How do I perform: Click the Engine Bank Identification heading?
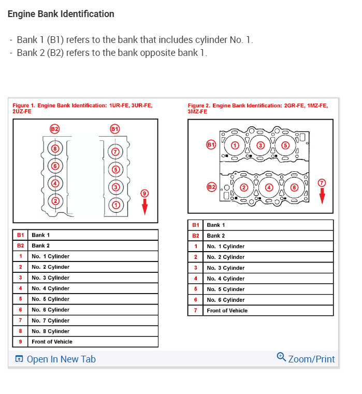click(x=61, y=14)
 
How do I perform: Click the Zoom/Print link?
click(x=306, y=358)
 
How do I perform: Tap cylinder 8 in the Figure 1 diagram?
click(x=56, y=148)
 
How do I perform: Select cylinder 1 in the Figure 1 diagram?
click(x=115, y=205)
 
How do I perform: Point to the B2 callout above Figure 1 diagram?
click(x=55, y=128)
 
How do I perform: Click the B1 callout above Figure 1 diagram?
click(x=115, y=128)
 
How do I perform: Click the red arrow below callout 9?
click(x=144, y=207)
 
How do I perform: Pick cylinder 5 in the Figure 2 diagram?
click(x=285, y=145)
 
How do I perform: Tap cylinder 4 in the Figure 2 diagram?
click(x=269, y=187)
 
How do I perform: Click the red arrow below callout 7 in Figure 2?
click(x=322, y=196)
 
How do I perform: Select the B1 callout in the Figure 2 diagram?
click(x=211, y=145)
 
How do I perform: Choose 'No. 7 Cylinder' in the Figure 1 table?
click(x=50, y=320)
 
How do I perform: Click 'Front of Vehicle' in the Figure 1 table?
click(x=52, y=342)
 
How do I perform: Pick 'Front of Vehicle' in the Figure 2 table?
click(x=227, y=311)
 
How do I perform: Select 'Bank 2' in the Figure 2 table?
click(x=216, y=236)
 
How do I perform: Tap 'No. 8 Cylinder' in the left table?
click(x=50, y=331)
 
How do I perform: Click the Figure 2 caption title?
click(x=257, y=108)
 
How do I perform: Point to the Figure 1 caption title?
click(x=82, y=108)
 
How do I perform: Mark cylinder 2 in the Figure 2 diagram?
click(x=244, y=187)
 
